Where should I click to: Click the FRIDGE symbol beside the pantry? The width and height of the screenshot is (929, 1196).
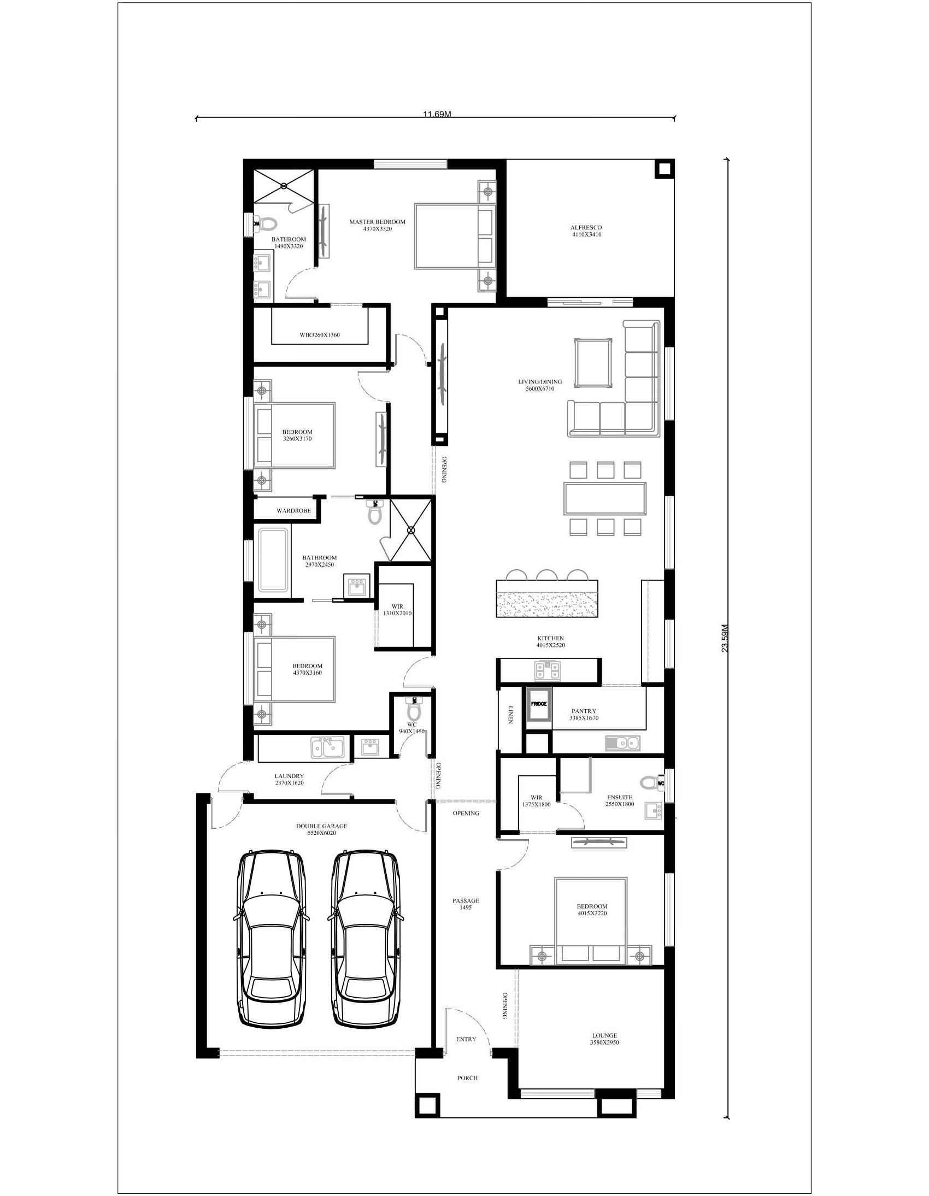[x=538, y=705]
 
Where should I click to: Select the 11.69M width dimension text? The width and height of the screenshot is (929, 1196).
[x=437, y=114]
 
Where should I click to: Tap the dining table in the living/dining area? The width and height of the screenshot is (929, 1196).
[x=605, y=498]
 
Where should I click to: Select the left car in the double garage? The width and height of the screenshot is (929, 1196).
[x=271, y=939]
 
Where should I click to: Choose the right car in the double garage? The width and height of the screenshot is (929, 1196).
[x=365, y=939]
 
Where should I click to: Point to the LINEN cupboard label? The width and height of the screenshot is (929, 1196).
[x=510, y=714]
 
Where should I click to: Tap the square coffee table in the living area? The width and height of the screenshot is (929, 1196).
[x=593, y=363]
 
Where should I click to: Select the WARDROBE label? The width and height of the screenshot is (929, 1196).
[x=293, y=510]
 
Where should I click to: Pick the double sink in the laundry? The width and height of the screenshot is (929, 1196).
[x=327, y=747]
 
